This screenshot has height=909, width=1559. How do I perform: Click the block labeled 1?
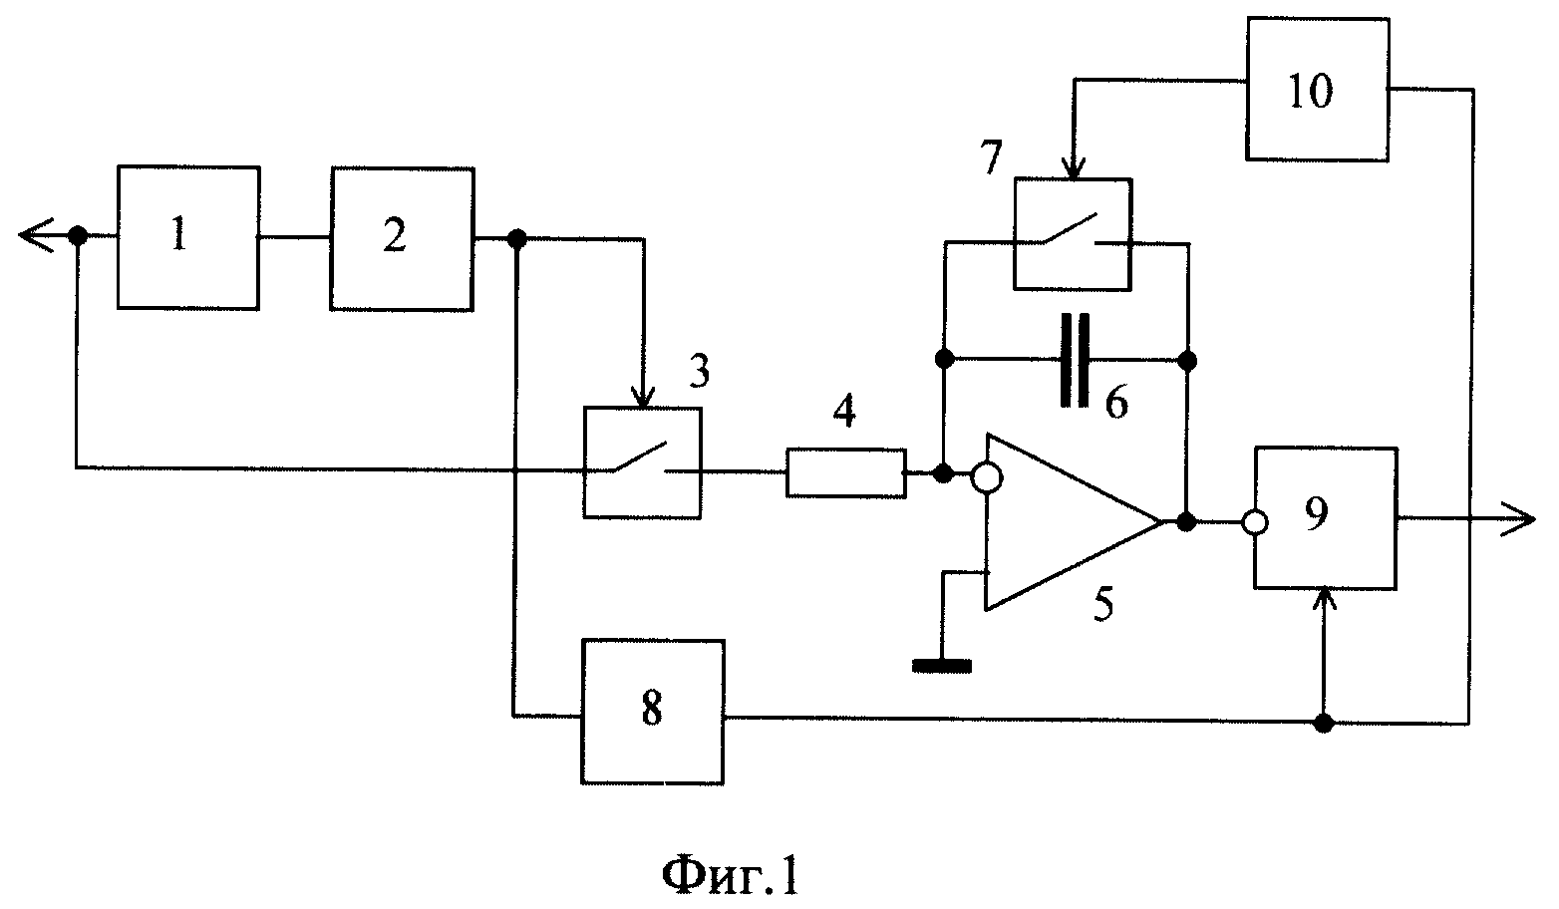tap(188, 237)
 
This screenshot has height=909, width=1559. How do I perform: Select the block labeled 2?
tap(403, 239)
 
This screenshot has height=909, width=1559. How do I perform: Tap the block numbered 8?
tap(653, 712)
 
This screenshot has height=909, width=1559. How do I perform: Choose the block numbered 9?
tap(1325, 518)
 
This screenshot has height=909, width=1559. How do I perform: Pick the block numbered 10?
tap(1318, 89)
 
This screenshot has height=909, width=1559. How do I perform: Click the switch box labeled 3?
tap(642, 462)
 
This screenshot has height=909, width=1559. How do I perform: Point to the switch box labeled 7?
tap(1073, 234)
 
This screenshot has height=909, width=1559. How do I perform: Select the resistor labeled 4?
tap(846, 473)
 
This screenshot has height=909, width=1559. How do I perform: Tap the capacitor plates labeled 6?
tap(1075, 360)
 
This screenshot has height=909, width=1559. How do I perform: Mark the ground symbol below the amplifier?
tap(942, 666)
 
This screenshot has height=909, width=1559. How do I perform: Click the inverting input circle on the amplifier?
tap(987, 478)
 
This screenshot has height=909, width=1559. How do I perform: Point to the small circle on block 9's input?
tap(1254, 522)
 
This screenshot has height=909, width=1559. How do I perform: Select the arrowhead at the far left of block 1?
tap(36, 235)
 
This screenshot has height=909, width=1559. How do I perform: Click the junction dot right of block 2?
tap(516, 239)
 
